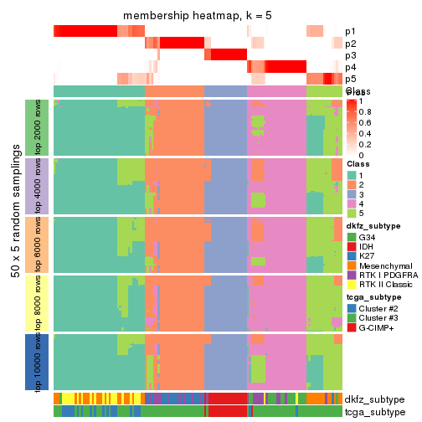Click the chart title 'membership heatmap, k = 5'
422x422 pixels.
tap(198, 17)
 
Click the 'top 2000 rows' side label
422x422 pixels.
tap(31, 127)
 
